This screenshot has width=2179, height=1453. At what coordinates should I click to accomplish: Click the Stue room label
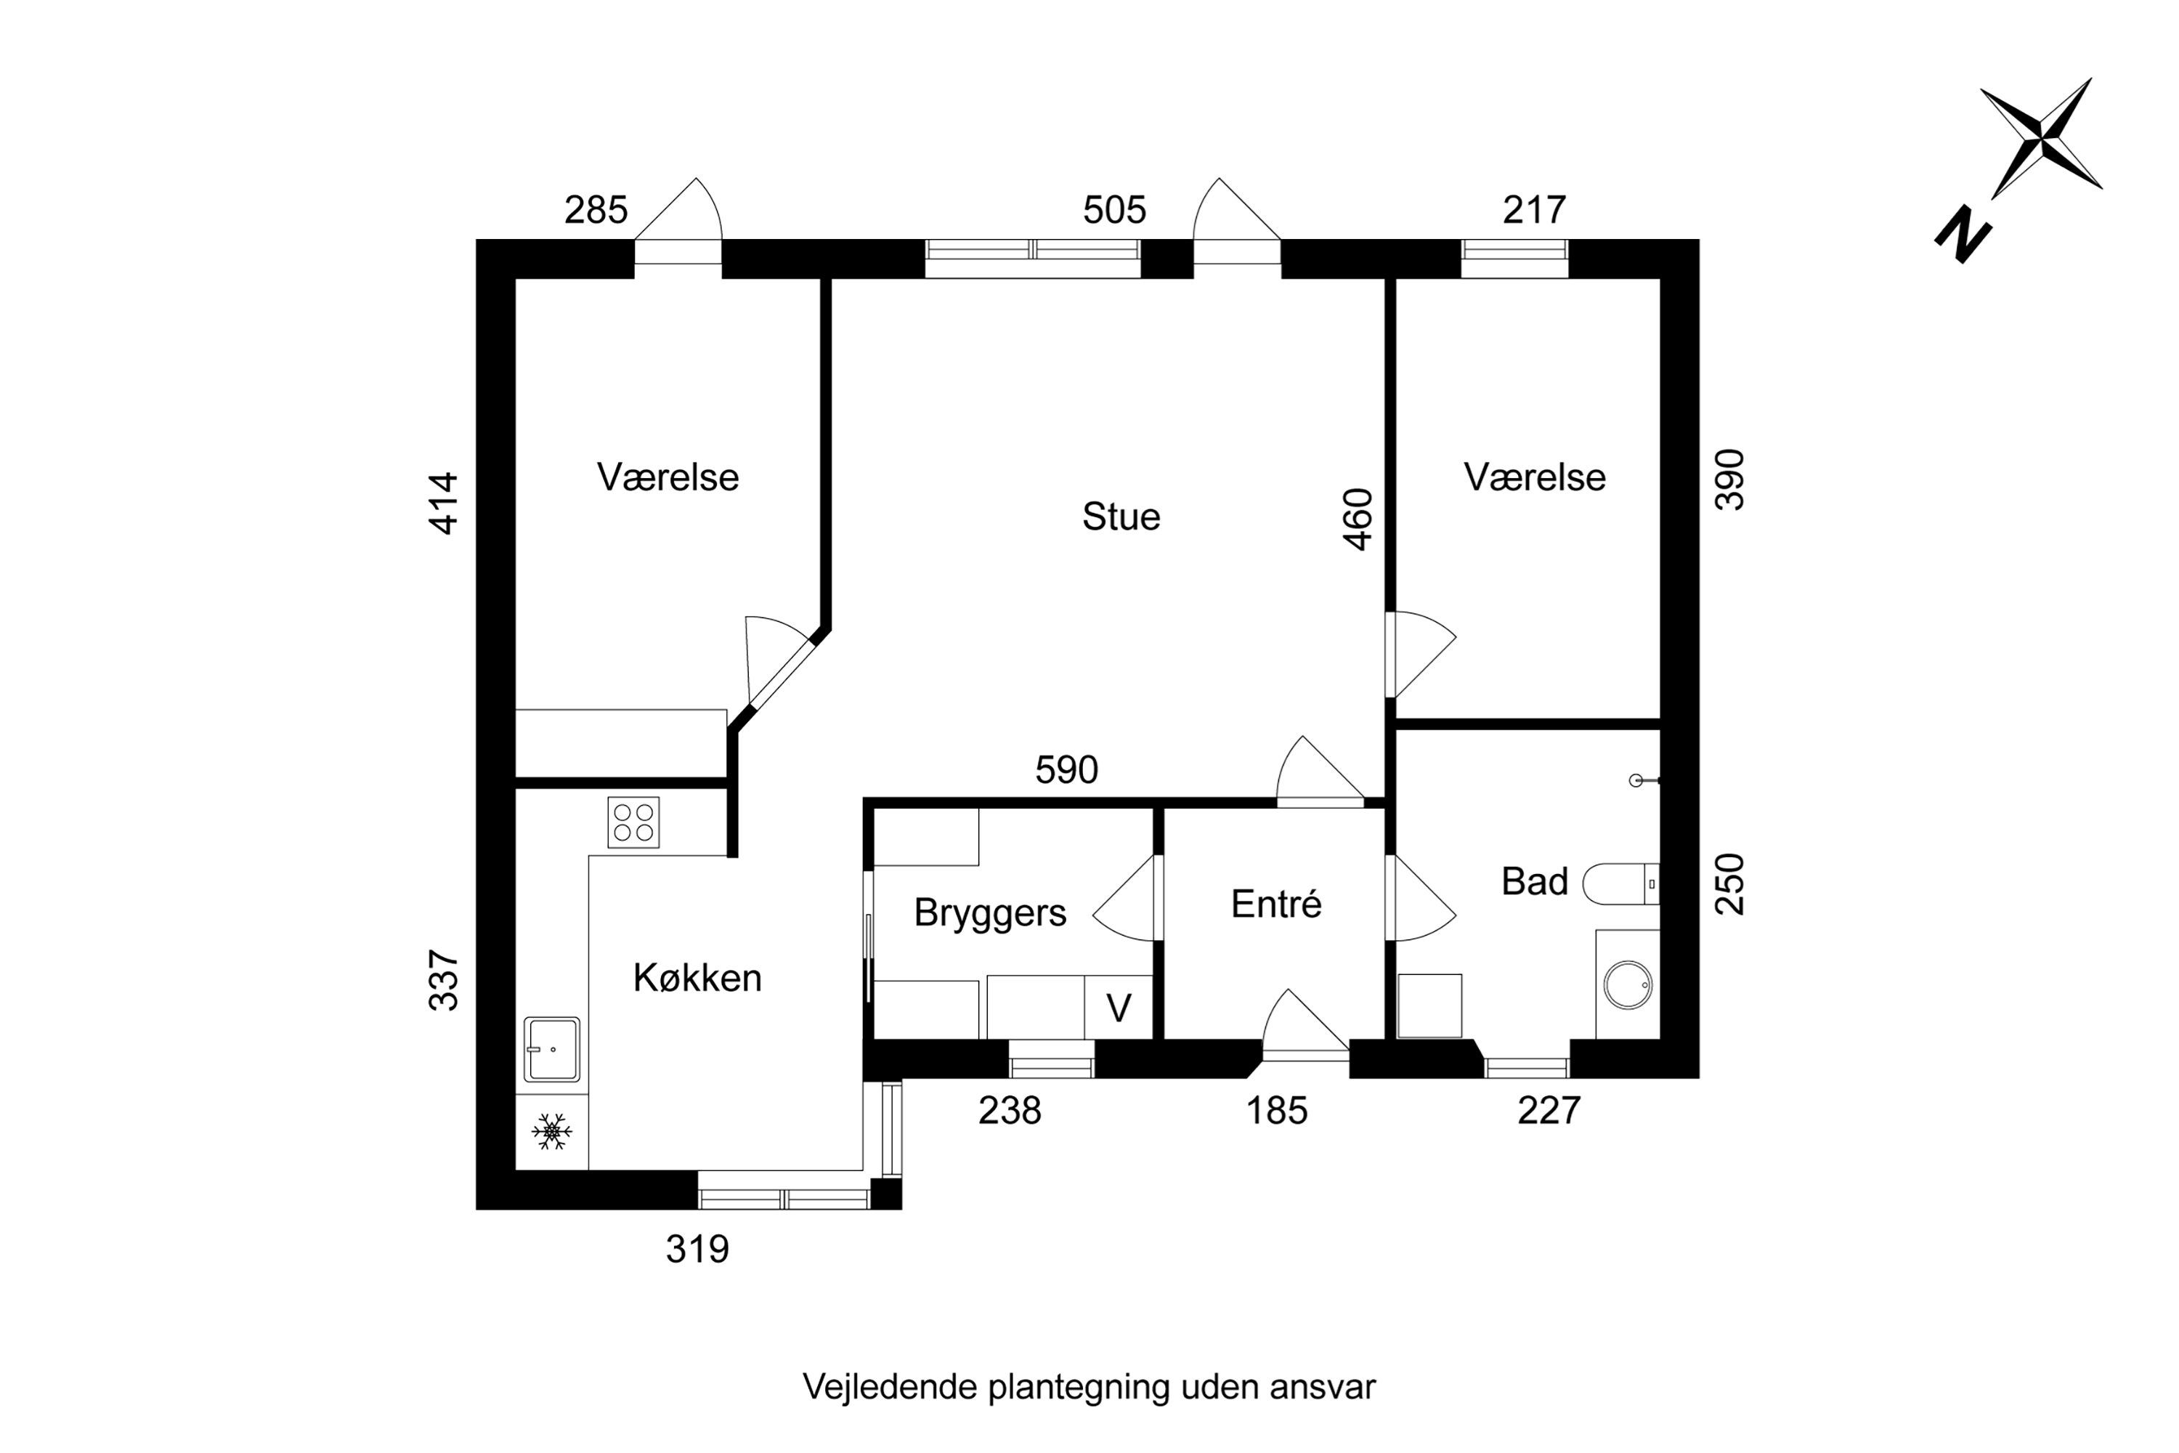click(1120, 517)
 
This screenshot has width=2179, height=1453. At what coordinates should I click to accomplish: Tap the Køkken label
click(697, 979)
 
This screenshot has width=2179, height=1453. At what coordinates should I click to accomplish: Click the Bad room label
click(1534, 881)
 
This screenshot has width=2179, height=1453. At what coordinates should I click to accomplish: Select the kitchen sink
click(551, 1049)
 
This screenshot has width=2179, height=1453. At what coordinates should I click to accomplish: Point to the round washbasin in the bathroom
click(1628, 984)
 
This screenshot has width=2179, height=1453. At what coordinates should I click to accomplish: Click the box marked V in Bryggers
click(1119, 1008)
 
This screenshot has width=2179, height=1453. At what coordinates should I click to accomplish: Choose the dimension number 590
click(1066, 770)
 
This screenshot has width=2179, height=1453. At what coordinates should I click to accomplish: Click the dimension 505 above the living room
click(1114, 211)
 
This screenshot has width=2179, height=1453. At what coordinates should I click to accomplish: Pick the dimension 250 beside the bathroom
click(1729, 884)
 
